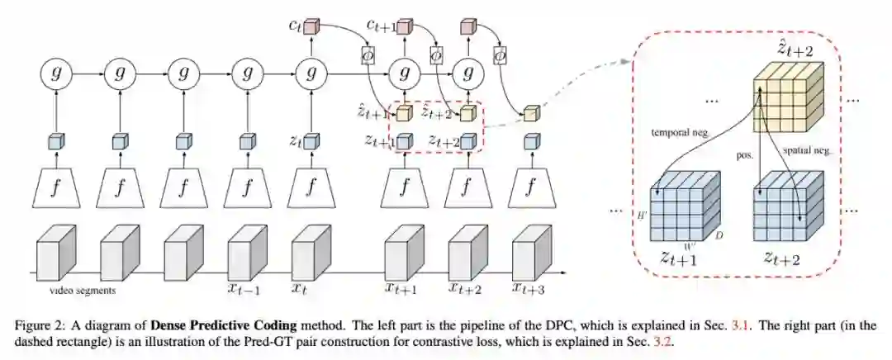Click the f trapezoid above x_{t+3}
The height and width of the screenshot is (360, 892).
[x=530, y=189]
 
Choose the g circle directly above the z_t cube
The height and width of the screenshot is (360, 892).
[x=311, y=74]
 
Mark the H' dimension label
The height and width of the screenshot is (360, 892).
[x=644, y=214]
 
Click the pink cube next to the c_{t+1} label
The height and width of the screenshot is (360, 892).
[x=404, y=28]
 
